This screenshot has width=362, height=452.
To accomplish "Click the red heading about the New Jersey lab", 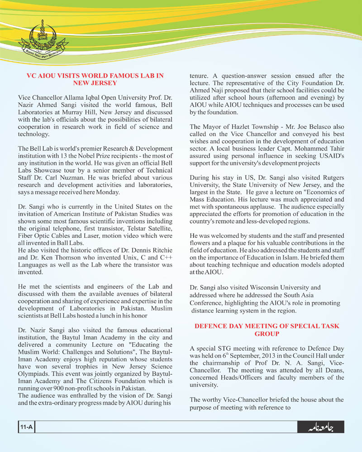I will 95,79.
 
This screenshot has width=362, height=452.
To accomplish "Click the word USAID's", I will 329,156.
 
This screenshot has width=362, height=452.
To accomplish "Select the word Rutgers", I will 328,178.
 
